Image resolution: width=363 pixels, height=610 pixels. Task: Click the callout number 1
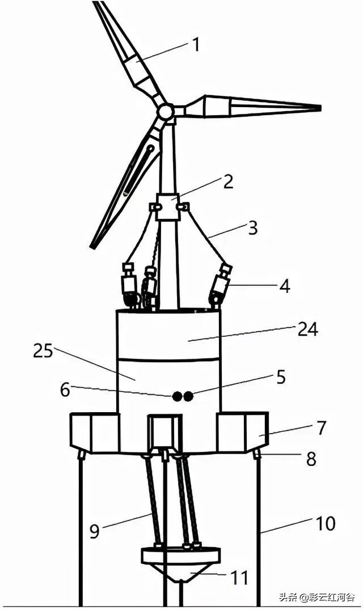pos(197,45)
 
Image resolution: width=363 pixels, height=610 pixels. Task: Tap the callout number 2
pos(227,181)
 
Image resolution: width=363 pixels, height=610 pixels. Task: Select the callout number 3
pos(253,227)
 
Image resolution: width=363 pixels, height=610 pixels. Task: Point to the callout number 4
pos(285,286)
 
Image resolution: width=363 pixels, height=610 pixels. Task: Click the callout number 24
pos(280,377)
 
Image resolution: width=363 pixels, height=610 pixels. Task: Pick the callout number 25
pos(65,389)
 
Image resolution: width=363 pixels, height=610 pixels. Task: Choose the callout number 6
pos(311,459)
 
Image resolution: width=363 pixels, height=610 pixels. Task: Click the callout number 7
pos(95,531)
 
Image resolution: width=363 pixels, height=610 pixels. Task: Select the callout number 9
pos(239,578)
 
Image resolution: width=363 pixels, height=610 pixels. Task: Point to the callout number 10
pos(308,330)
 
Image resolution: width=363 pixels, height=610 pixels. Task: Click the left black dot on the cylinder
pos(178,396)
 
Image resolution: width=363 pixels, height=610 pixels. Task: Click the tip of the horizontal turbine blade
pos(320,108)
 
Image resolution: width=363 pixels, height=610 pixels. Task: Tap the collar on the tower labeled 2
pos(167,206)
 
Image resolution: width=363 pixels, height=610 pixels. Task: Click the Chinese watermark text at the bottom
pos(317,596)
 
